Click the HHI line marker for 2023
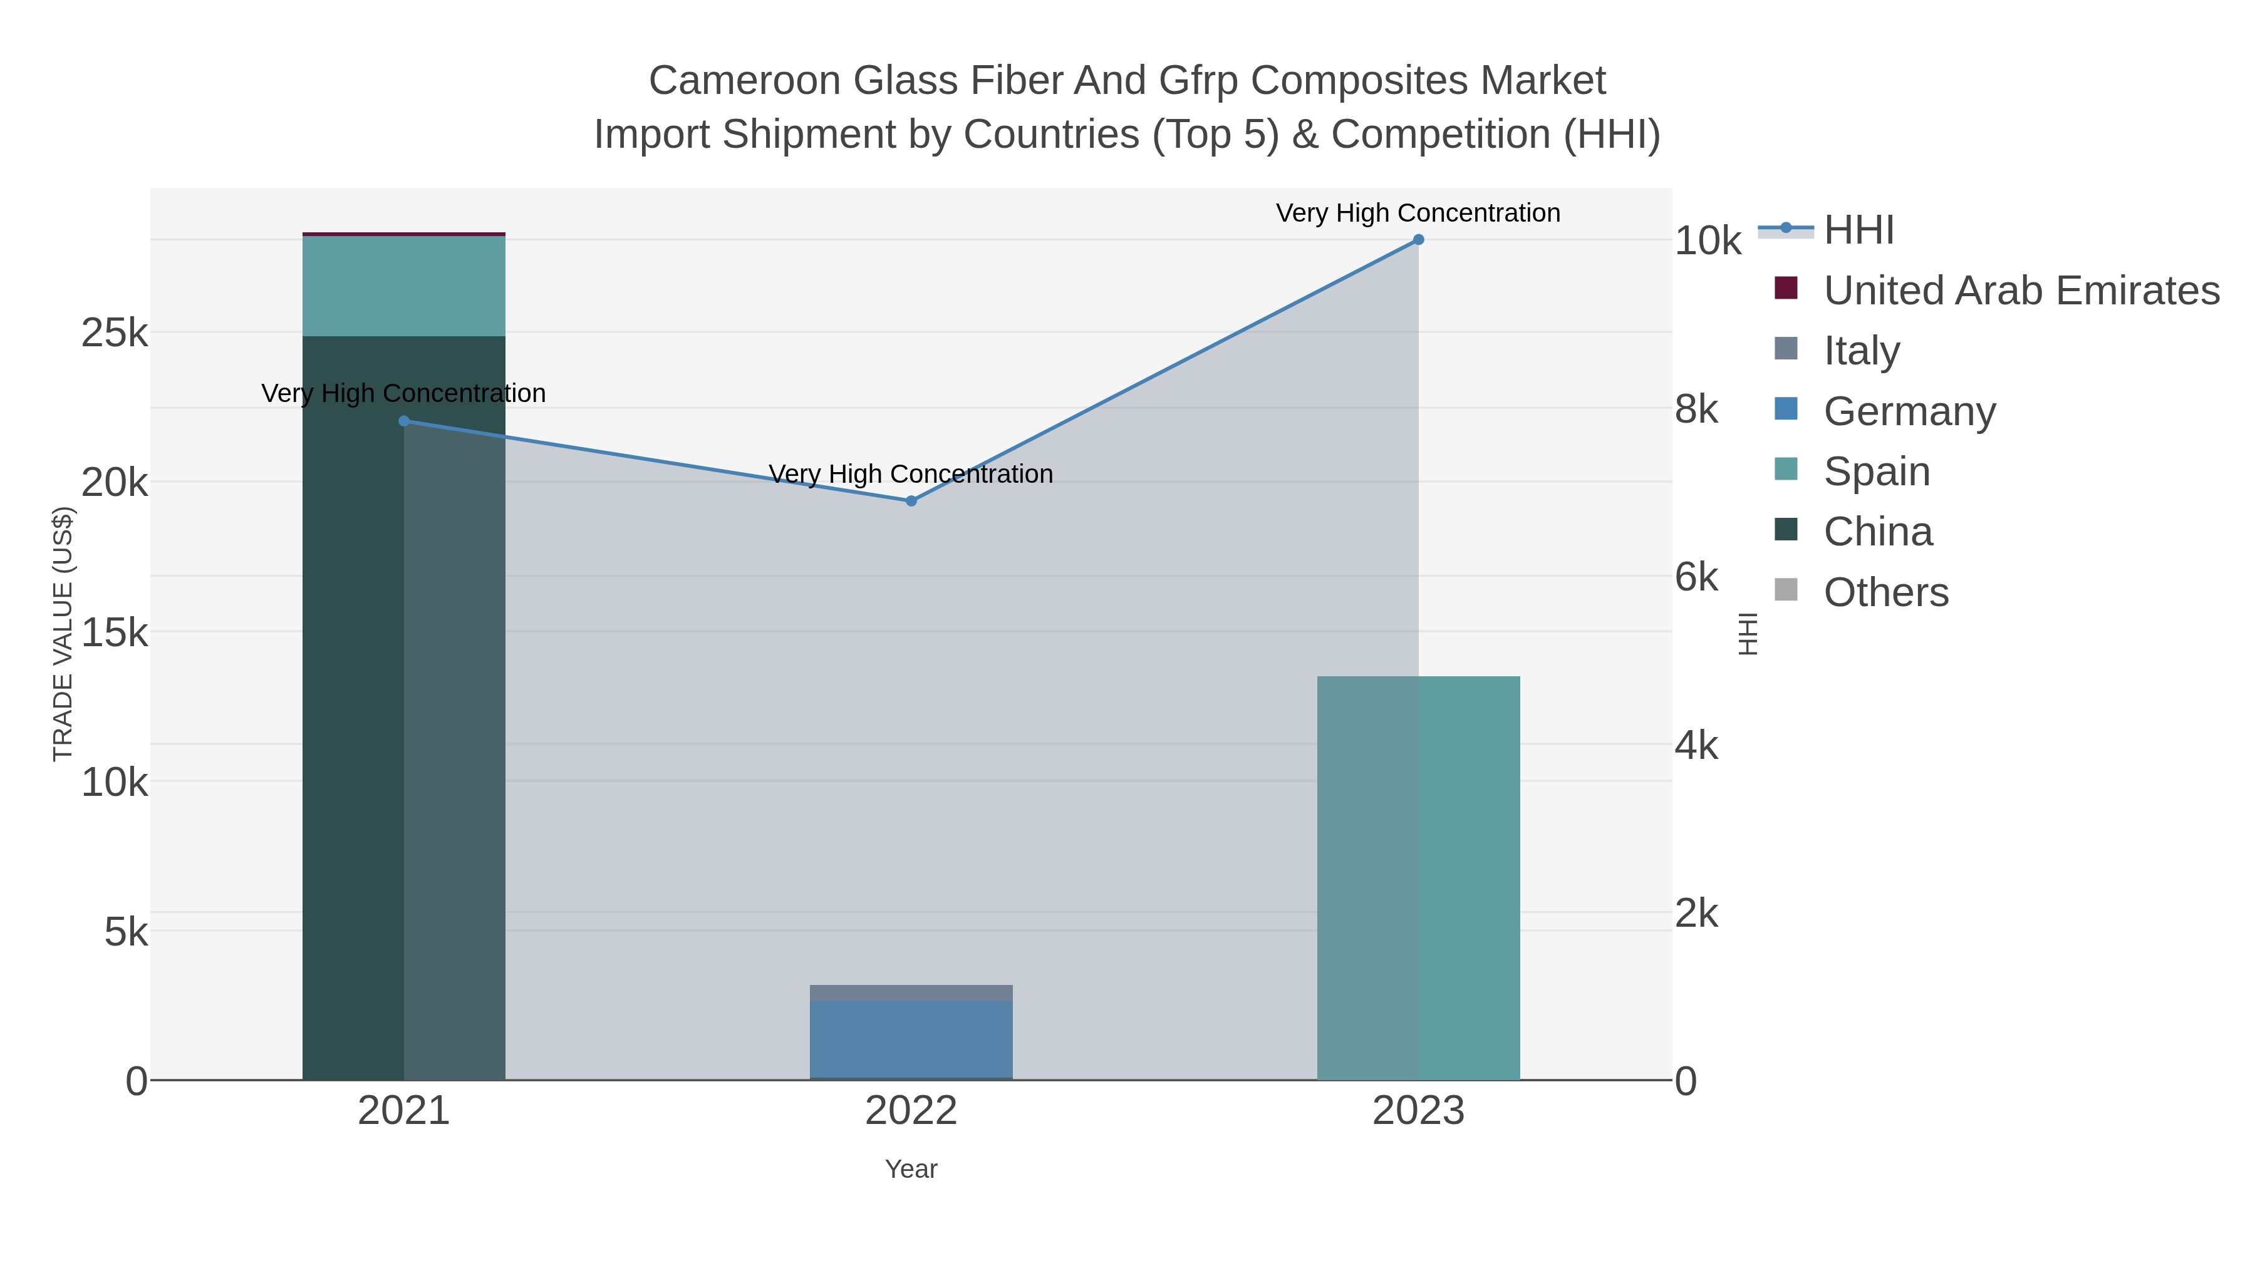[1418, 240]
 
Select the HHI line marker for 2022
[910, 500]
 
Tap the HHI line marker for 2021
[403, 421]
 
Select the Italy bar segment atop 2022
[910, 992]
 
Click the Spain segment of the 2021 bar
[403, 286]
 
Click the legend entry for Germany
[1909, 411]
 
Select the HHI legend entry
[1858, 230]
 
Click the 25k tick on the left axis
[115, 333]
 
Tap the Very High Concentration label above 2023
[1418, 213]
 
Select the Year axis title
[910, 1169]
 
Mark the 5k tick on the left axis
[126, 932]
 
